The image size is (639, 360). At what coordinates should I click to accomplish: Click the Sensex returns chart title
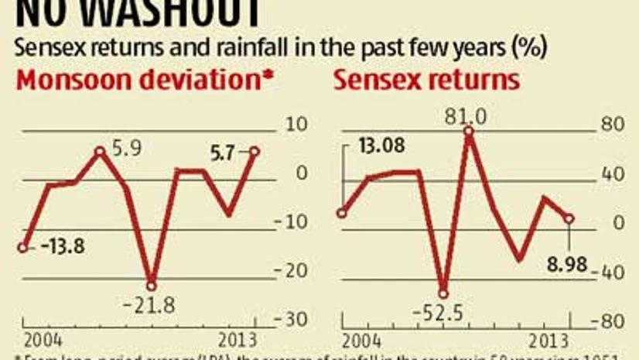point(426,81)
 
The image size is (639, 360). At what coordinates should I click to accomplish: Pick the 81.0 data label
point(466,117)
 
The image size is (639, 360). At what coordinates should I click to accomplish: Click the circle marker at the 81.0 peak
point(468,131)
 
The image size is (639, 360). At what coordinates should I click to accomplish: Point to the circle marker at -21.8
point(152,286)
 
